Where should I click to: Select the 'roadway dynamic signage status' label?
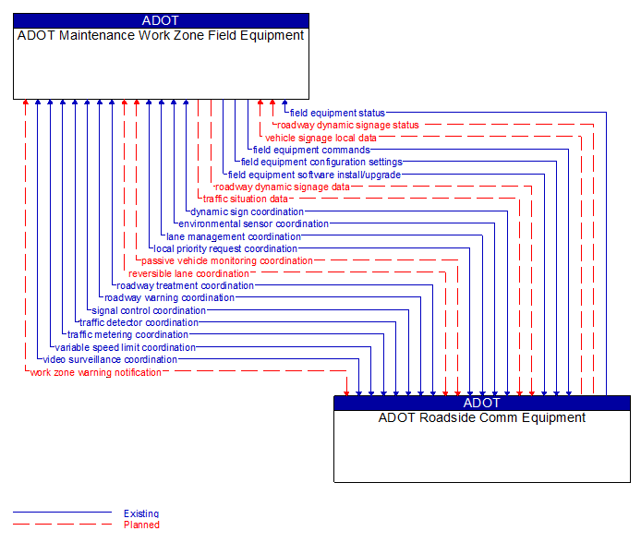(x=348, y=125)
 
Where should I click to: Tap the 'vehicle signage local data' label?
(x=320, y=138)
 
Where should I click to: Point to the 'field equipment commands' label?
(x=311, y=150)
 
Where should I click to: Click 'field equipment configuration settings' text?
(x=321, y=162)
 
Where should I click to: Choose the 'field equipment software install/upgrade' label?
(x=314, y=175)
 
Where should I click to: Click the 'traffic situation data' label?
(x=246, y=199)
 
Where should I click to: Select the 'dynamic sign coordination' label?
(x=247, y=211)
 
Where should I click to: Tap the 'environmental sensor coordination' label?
(x=253, y=223)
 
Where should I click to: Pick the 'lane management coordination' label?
(x=234, y=236)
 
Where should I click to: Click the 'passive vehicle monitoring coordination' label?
(x=227, y=260)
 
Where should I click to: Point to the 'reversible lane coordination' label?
(x=189, y=273)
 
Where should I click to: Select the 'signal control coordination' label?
(x=149, y=310)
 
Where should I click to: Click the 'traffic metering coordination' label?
(x=127, y=335)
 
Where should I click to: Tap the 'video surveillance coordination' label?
(x=110, y=360)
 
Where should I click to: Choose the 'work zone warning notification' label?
(x=96, y=372)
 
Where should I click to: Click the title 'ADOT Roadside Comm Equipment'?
(x=481, y=417)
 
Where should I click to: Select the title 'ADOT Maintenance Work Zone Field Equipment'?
(x=161, y=36)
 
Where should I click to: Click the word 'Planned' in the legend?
(x=141, y=525)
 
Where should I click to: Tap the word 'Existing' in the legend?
(x=141, y=513)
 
